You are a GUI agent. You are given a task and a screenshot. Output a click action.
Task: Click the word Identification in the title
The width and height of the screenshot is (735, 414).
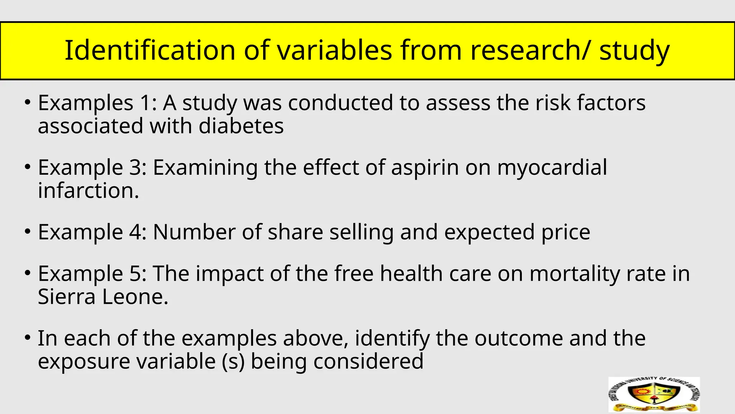pos(150,50)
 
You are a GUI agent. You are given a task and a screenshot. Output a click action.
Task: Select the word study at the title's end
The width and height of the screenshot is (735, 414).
pos(634,51)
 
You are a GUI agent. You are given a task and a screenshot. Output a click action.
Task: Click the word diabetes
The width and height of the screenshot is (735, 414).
pos(241,126)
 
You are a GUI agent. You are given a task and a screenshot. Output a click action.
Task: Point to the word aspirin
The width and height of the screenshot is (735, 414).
pos(425,168)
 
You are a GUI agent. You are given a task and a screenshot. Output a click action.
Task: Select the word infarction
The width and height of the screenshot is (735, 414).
pos(88,190)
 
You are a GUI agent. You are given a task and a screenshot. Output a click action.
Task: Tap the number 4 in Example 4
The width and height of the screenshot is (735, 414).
pos(137,232)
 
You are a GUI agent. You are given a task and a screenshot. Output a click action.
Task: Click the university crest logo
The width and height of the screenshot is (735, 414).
pos(654,395)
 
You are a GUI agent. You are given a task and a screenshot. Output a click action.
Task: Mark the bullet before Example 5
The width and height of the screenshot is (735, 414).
pos(27,273)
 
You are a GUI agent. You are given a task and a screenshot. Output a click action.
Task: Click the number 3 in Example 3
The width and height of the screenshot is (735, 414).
pos(135,168)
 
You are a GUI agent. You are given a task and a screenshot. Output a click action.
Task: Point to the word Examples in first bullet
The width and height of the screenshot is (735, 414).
pos(85,103)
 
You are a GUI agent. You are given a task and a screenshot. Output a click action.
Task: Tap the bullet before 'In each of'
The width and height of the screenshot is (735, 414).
pos(27,338)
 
